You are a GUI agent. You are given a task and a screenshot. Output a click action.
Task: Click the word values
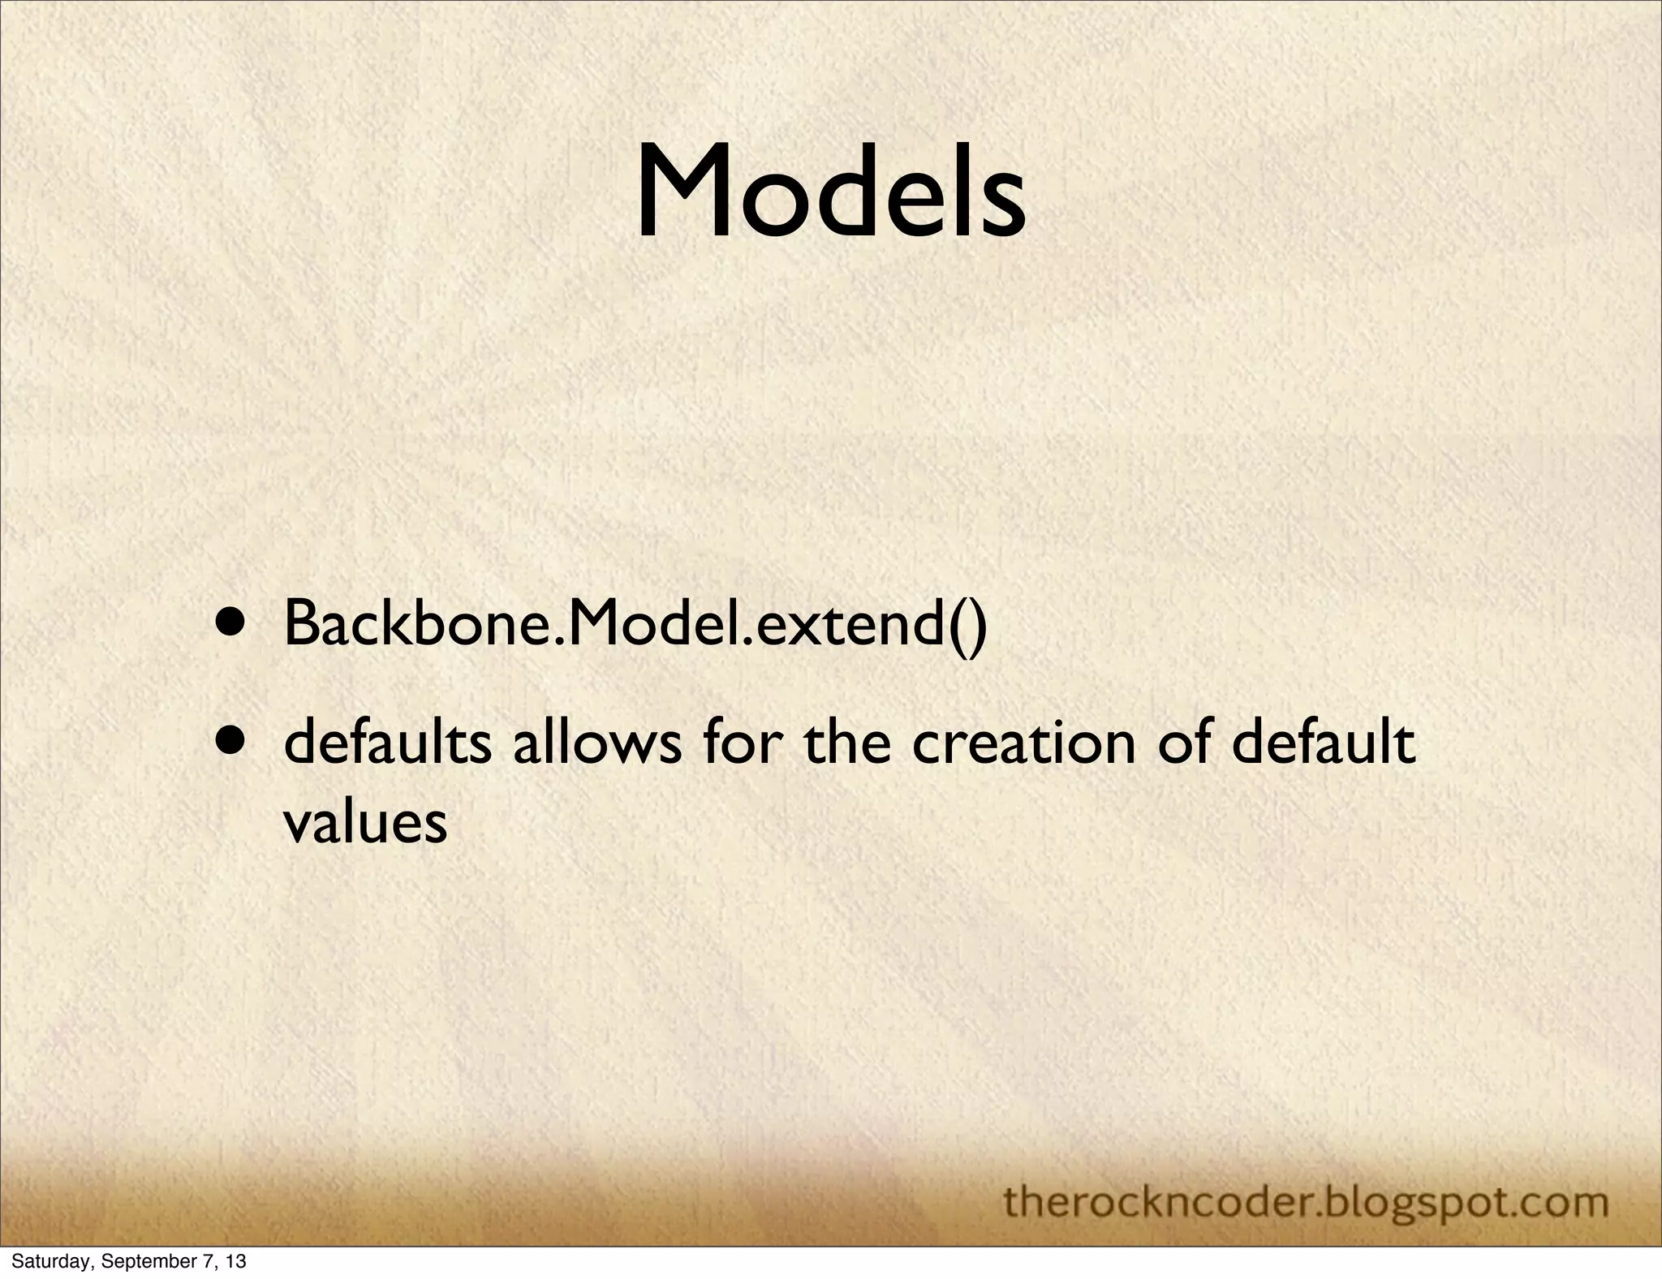point(365,823)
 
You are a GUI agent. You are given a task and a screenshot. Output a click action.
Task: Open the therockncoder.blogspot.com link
point(1306,1202)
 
